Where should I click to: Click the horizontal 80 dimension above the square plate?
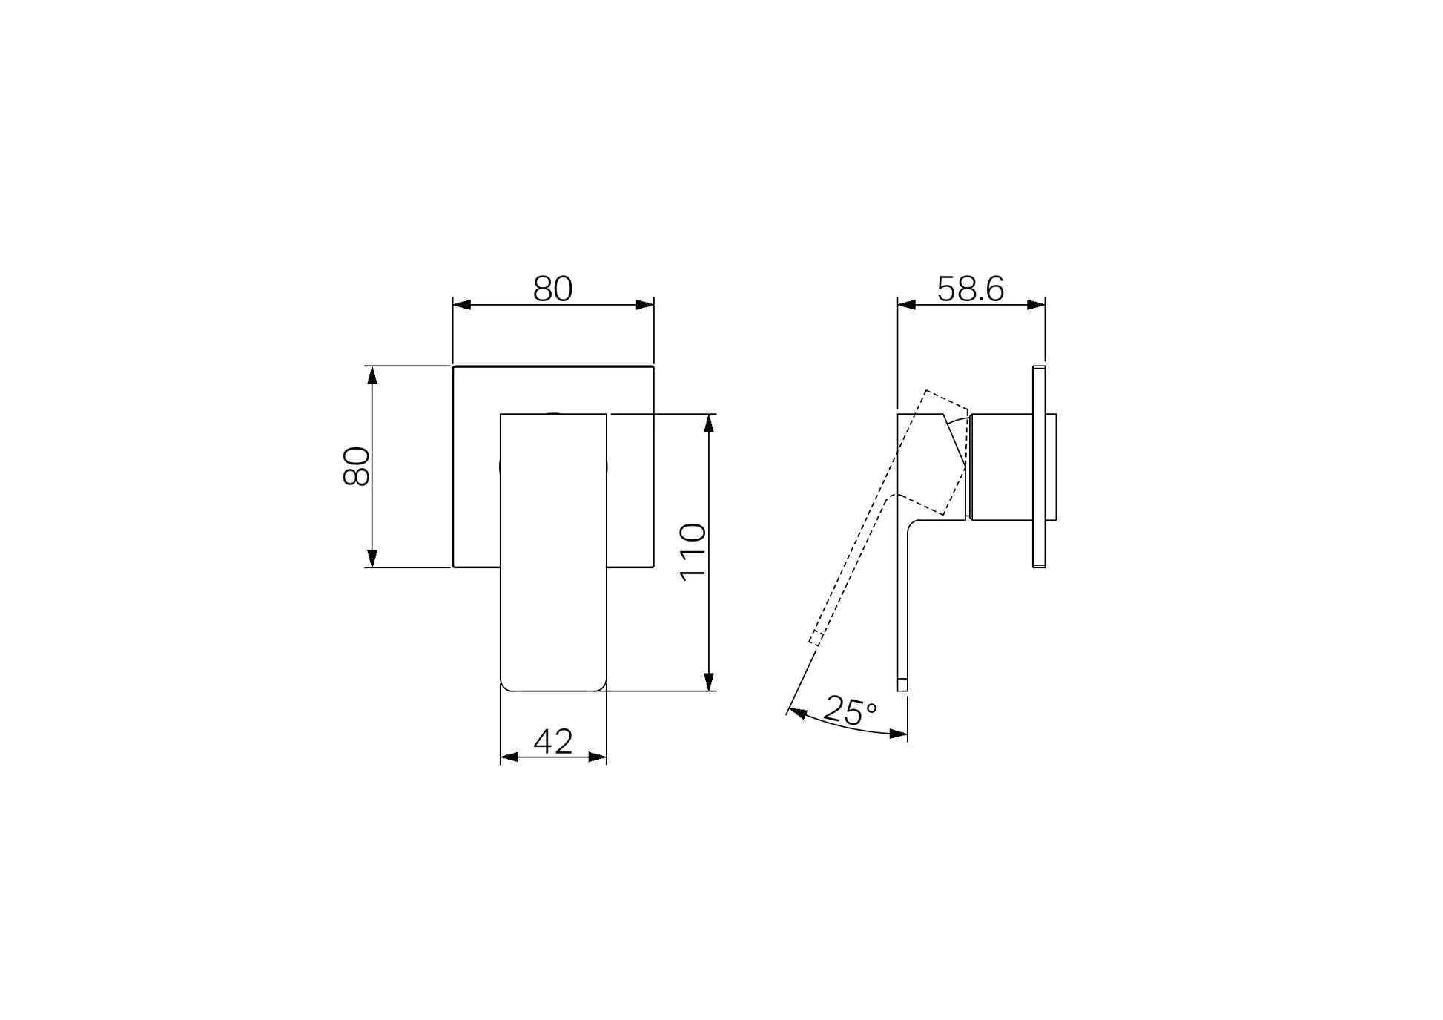pyautogui.click(x=553, y=289)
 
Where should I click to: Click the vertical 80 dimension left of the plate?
pyautogui.click(x=357, y=466)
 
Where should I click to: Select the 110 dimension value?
pyautogui.click(x=694, y=552)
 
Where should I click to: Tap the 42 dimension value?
pyautogui.click(x=553, y=741)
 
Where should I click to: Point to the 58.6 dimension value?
pyautogui.click(x=971, y=289)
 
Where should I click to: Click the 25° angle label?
pyautogui.click(x=851, y=710)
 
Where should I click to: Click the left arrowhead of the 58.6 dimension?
pyautogui.click(x=907, y=305)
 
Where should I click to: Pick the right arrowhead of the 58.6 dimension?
pyautogui.click(x=1036, y=305)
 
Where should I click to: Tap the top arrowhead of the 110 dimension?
pyautogui.click(x=709, y=423)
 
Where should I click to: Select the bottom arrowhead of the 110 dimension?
pyautogui.click(x=709, y=682)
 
